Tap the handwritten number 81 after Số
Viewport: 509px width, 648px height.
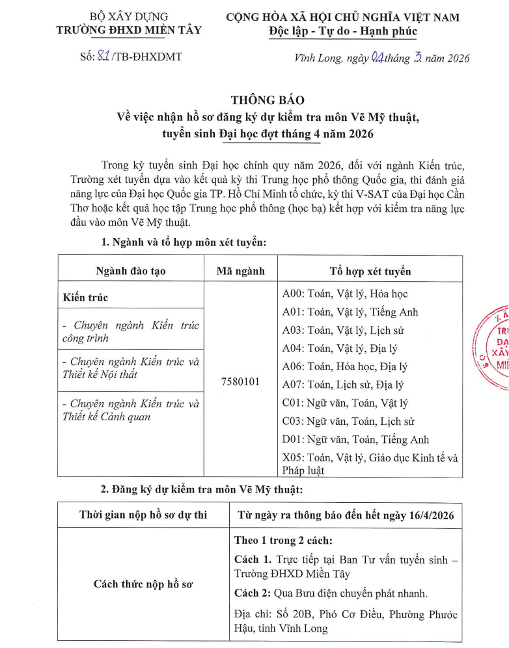tap(103, 57)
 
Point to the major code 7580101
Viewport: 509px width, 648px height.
tap(240, 382)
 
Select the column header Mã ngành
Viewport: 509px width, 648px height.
tap(240, 271)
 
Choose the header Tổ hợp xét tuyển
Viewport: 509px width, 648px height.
tap(370, 271)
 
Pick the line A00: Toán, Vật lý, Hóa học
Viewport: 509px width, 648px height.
tap(344, 294)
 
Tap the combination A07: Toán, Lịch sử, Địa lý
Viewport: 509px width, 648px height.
tap(342, 385)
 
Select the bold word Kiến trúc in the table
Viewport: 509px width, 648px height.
tap(85, 298)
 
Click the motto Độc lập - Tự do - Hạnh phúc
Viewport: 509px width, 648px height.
tap(342, 31)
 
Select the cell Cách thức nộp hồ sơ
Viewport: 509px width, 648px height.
tap(143, 584)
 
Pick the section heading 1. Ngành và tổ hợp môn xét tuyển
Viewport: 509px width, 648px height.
tap(184, 242)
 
